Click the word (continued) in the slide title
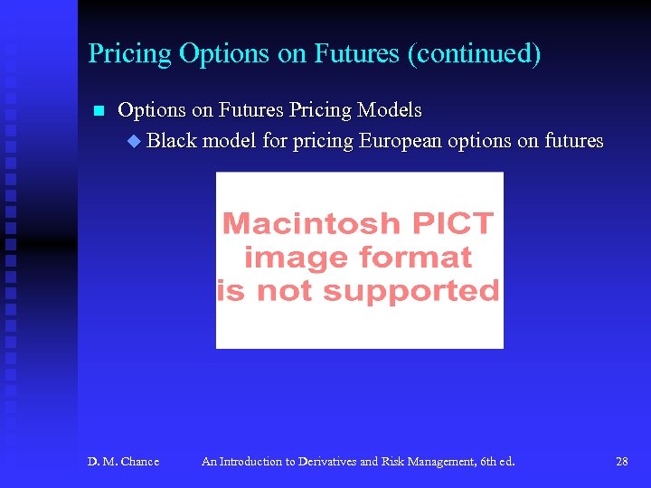click(474, 54)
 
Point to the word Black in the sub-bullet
click(172, 141)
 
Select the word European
click(402, 141)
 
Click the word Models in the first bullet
click(389, 110)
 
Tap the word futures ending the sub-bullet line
click(573, 141)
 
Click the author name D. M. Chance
click(123, 462)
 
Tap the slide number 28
click(622, 462)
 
